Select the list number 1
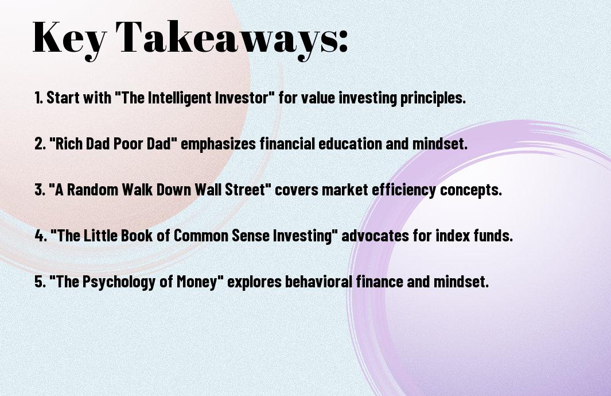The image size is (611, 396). (x=38, y=98)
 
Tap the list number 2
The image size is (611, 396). (x=40, y=144)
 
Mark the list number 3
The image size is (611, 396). (x=40, y=190)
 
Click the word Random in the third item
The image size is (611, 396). (x=92, y=190)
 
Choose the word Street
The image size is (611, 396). (x=244, y=190)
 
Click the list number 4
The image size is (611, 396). (x=41, y=236)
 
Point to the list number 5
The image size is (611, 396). (x=40, y=282)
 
